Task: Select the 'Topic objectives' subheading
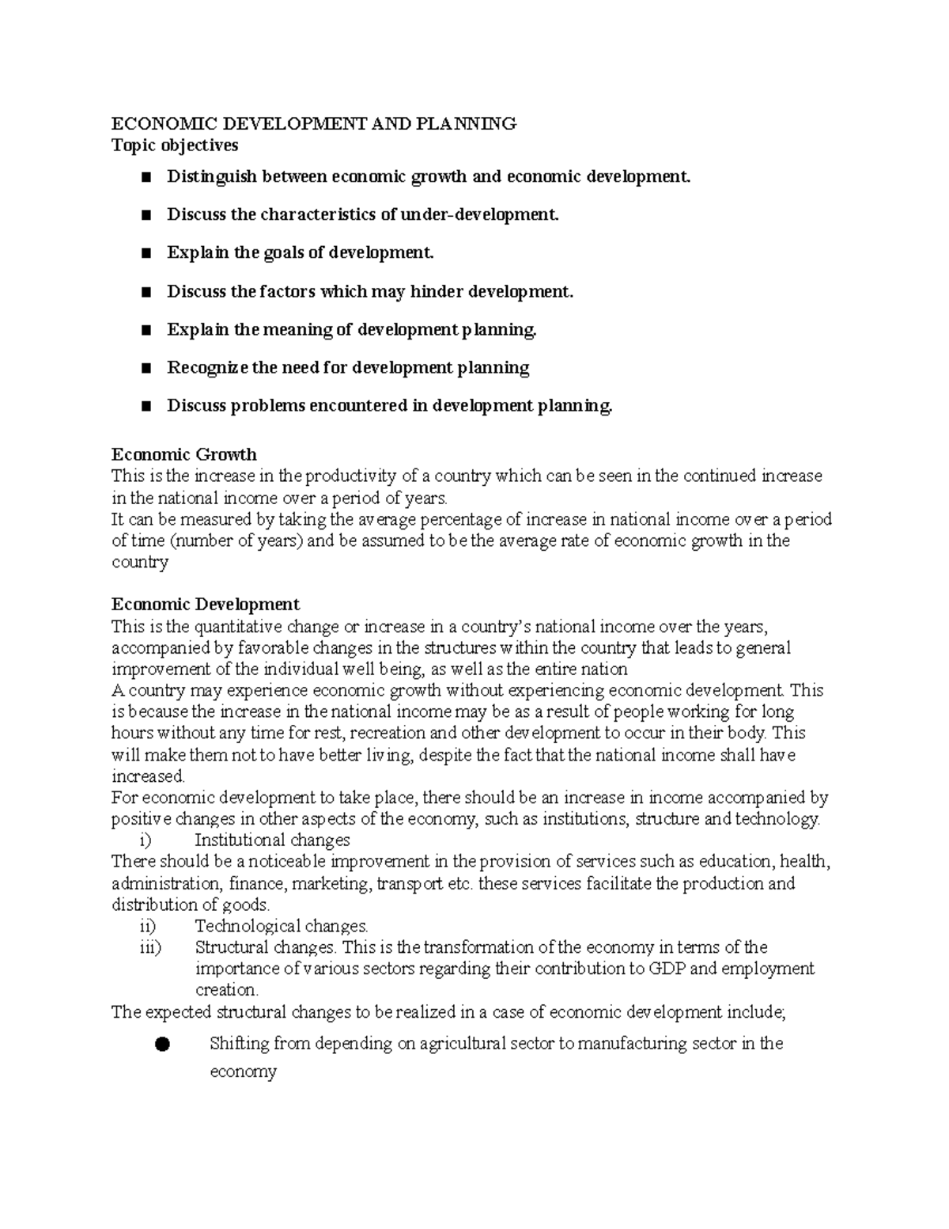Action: click(174, 145)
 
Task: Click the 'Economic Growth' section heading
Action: click(183, 454)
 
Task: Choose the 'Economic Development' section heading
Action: click(205, 605)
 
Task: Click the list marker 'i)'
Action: click(144, 840)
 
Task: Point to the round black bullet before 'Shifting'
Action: click(162, 1045)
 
